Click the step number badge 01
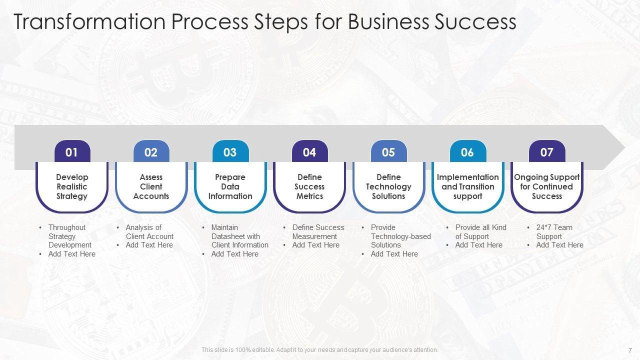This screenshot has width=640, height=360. tap(72, 152)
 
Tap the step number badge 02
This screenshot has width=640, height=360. tap(151, 152)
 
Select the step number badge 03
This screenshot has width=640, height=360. tap(230, 152)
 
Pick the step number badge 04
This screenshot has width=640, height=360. tap(309, 152)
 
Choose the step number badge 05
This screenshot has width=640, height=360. tap(388, 152)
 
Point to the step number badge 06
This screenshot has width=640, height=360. tap(467, 152)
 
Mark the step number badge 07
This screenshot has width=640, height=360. tap(547, 152)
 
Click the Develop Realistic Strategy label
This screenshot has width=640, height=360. tap(72, 186)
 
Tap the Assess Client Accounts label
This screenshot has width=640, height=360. tap(151, 186)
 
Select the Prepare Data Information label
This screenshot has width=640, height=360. tap(230, 186)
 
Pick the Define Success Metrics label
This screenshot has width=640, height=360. tap(309, 186)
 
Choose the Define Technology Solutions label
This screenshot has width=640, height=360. tap(388, 186)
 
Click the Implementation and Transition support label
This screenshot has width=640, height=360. tap(467, 186)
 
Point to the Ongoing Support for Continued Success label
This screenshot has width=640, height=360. tap(547, 186)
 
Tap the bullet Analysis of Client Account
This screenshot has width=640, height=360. tap(149, 232)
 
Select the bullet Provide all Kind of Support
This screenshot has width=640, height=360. tap(480, 232)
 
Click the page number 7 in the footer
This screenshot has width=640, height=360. tap(630, 350)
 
